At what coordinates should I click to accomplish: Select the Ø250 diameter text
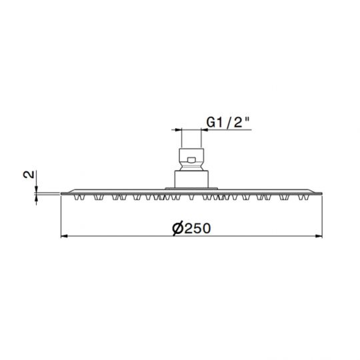191,228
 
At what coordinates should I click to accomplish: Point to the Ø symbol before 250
177,228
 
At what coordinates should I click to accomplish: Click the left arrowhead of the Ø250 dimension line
64,237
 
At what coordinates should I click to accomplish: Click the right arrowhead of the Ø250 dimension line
322,237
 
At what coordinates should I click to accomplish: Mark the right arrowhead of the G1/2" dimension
202,131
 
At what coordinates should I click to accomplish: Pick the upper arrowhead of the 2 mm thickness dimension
37,189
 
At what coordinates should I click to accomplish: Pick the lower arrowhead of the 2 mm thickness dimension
37,197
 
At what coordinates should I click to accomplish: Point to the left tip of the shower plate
61,193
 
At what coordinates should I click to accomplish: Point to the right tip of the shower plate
325,193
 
